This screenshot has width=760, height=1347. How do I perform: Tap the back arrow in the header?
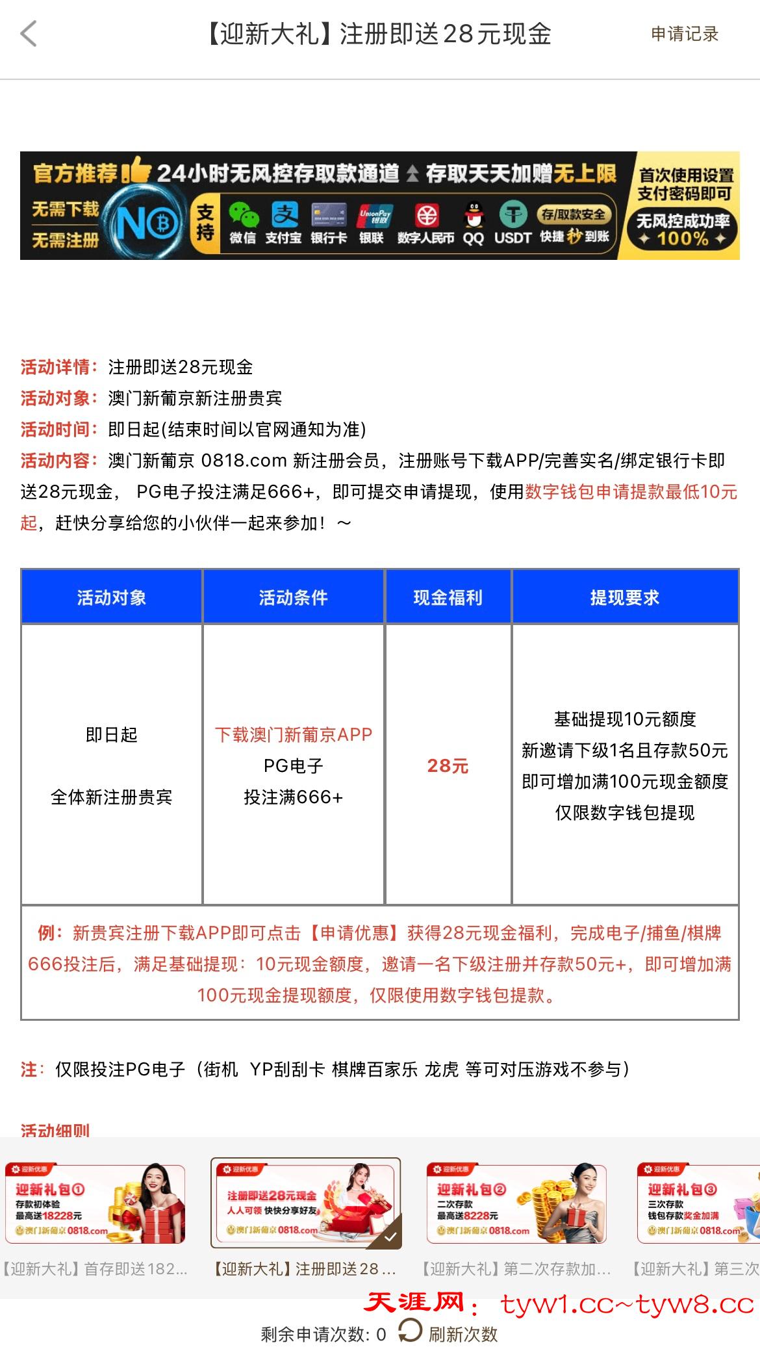click(29, 34)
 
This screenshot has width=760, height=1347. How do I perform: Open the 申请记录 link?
click(685, 34)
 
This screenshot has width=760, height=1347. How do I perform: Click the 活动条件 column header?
click(293, 597)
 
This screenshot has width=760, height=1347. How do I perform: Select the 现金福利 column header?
click(448, 597)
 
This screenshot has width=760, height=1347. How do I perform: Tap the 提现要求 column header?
click(624, 597)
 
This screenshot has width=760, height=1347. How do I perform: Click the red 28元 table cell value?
click(448, 766)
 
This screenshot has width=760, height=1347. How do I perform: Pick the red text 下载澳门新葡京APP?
click(293, 735)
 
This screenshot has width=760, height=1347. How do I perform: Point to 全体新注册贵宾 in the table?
click(111, 797)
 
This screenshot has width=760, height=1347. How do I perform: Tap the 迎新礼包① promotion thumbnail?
click(95, 1204)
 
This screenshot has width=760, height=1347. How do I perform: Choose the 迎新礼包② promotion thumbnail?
click(516, 1204)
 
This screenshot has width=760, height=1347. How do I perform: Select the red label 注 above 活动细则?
click(29, 1070)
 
